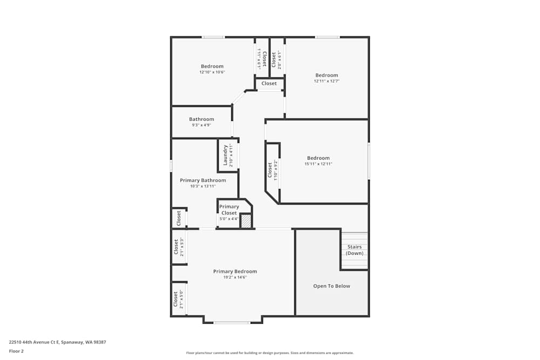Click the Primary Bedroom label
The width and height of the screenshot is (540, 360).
pos(235,271)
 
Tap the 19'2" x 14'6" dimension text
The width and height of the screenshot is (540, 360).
pos(235,277)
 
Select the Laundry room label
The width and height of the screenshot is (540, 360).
pos(226,155)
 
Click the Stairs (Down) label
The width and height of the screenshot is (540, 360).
pos(355,250)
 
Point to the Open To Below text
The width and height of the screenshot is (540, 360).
pos(332,286)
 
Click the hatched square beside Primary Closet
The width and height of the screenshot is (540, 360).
pos(246,221)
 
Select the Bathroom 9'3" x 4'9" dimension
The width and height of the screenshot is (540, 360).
pos(201,125)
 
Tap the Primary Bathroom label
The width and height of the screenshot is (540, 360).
pos(202,180)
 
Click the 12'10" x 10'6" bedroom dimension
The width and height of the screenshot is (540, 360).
pos(212,72)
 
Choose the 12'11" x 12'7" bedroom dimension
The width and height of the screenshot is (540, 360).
pos(327,81)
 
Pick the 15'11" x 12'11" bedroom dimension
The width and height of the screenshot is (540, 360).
pos(318,164)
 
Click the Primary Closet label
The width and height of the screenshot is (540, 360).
pos(229,209)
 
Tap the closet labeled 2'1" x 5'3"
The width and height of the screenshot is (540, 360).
pos(179,247)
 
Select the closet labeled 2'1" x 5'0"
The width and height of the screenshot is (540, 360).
pos(179,299)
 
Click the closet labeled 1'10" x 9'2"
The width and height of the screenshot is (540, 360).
pos(273,171)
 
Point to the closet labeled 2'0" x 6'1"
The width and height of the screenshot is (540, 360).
pos(276,59)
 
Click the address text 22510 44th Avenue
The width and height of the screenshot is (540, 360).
pos(57,342)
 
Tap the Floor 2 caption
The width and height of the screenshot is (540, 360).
pos(16,351)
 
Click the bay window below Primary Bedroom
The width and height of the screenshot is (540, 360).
pos(232,322)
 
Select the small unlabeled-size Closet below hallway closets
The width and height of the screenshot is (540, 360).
pos(269,84)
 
